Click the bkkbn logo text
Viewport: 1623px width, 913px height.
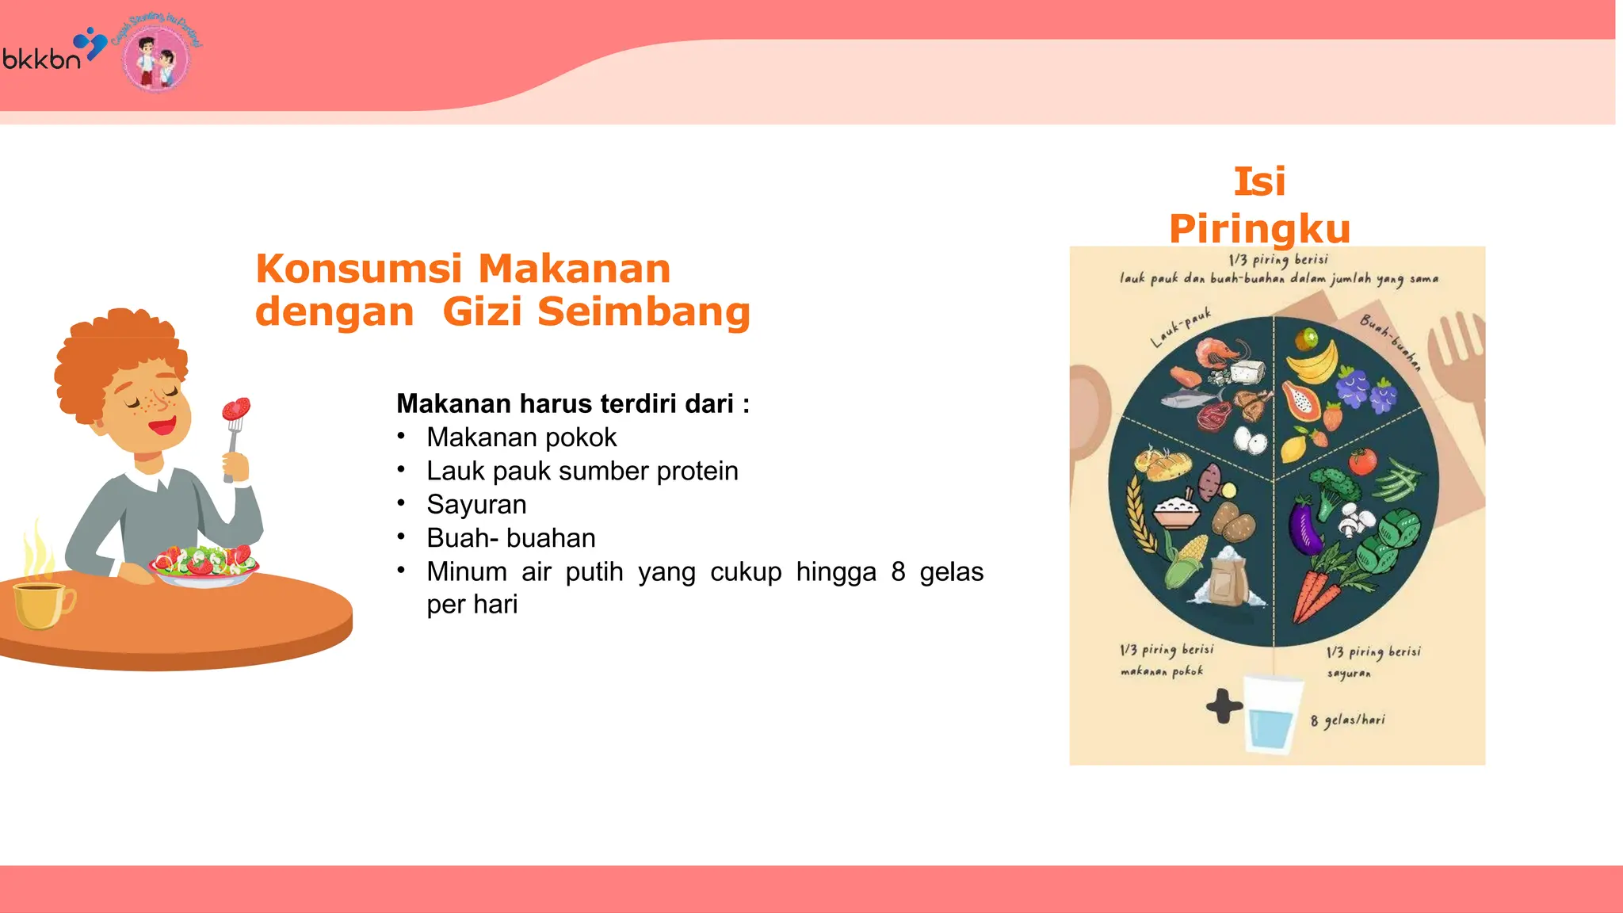tap(42, 59)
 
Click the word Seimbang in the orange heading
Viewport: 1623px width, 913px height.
tap(643, 311)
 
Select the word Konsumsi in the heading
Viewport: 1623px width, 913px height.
tap(358, 269)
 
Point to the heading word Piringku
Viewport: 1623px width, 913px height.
tap(1259, 229)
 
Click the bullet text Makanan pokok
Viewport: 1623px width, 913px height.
tap(521, 437)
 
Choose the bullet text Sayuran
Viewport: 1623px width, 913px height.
tap(476, 505)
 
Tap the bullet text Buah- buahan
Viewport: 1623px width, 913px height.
tap(511, 538)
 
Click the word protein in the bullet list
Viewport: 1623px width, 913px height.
tap(697, 472)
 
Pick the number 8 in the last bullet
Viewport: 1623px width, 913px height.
tap(898, 572)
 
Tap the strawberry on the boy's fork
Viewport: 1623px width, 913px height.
tap(236, 409)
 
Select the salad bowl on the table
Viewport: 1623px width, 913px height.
tap(204, 565)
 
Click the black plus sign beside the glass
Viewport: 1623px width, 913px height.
tap(1224, 705)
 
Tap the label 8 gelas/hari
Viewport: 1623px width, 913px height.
tap(1348, 720)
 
